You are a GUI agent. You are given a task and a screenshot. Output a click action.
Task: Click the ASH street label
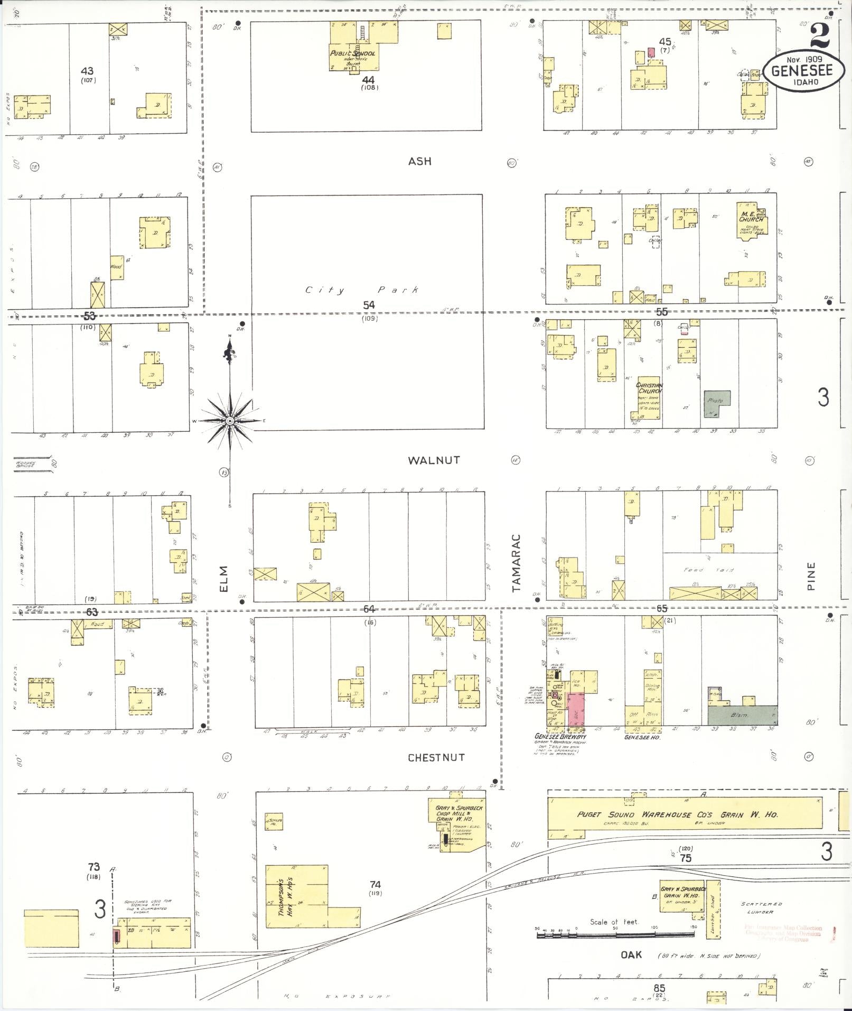tap(419, 161)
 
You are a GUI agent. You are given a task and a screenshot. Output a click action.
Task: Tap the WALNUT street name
tap(434, 460)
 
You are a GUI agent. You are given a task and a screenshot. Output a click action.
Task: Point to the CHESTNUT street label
tap(436, 757)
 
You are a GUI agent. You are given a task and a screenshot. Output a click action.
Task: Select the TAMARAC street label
tap(516, 562)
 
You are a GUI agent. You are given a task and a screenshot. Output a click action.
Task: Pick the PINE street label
tap(811, 576)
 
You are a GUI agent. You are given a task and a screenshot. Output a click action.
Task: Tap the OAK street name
tap(631, 954)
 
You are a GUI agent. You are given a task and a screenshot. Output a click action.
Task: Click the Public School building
tap(352, 53)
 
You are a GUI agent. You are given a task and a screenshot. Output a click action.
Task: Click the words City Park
tap(362, 290)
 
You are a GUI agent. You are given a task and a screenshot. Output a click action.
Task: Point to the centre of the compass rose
tap(230, 421)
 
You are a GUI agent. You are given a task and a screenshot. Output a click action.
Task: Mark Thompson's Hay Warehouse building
tap(296, 896)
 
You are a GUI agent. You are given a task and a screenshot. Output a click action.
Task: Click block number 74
tap(375, 884)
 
